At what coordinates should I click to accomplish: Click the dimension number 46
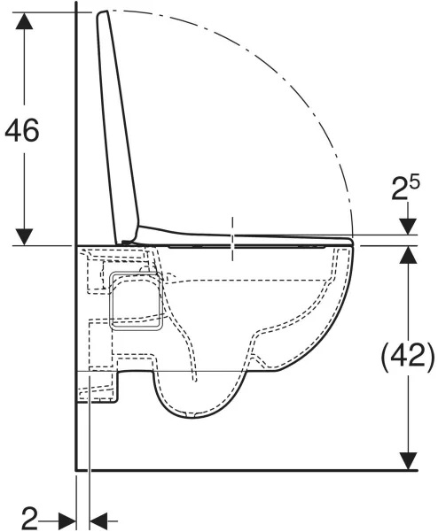click(x=22, y=131)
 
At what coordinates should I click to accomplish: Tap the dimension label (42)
click(x=408, y=356)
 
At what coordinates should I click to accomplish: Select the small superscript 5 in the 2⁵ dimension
click(x=415, y=183)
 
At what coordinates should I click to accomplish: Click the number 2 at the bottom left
click(x=29, y=518)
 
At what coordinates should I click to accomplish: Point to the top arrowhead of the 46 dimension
click(x=24, y=20)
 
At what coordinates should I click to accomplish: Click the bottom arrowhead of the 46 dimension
click(x=24, y=237)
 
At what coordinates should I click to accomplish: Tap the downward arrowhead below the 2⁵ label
click(x=408, y=227)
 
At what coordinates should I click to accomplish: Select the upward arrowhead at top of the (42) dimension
click(x=408, y=254)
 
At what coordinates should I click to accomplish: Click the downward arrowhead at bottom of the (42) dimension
click(x=408, y=461)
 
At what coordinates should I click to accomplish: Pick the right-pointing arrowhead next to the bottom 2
click(x=67, y=520)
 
